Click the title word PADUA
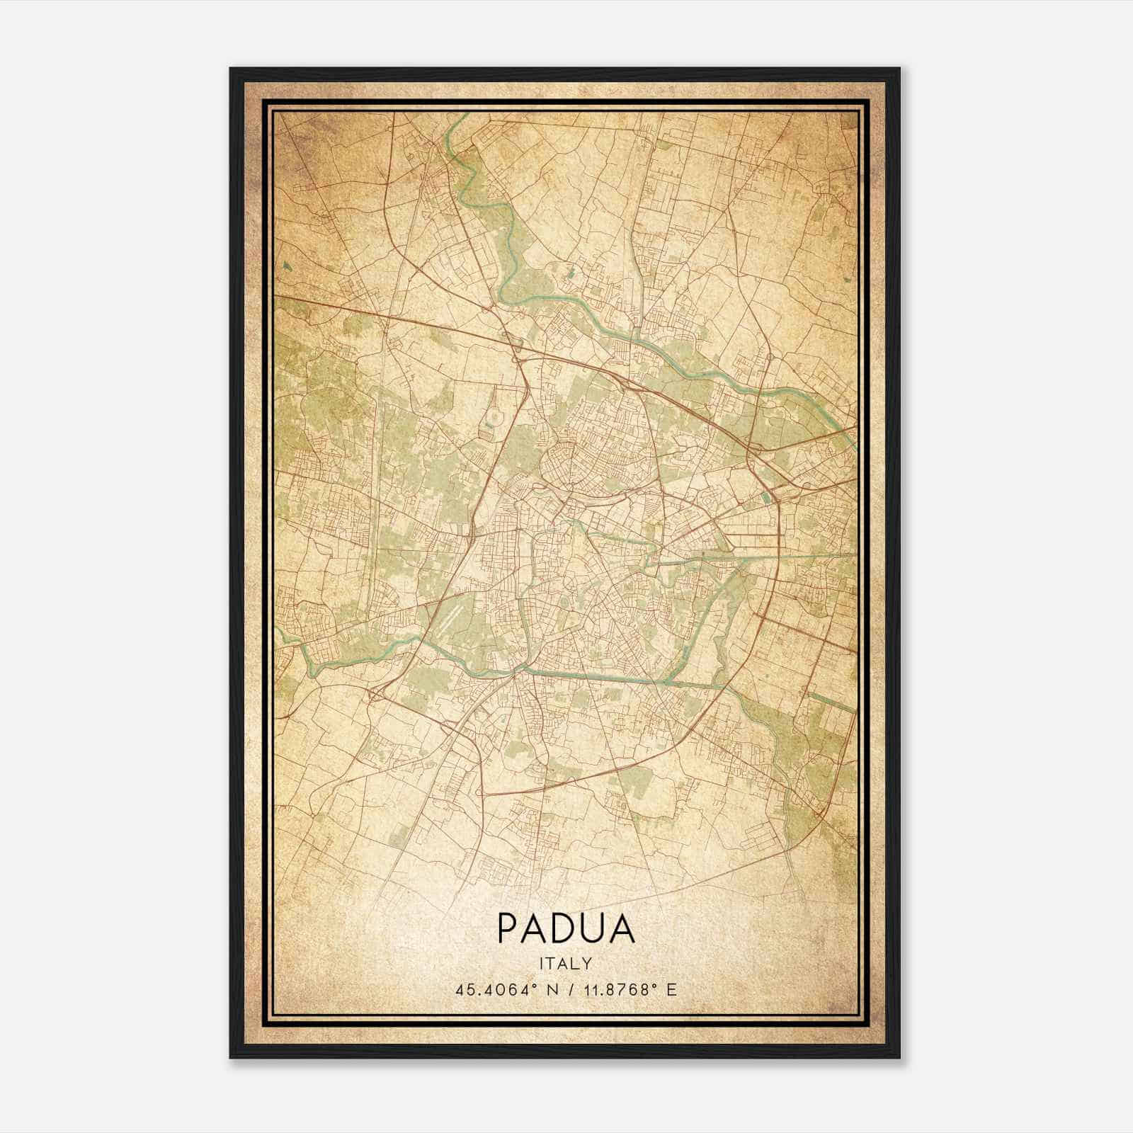pos(566,928)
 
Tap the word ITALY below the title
pos(566,964)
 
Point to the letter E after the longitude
pos(672,989)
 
